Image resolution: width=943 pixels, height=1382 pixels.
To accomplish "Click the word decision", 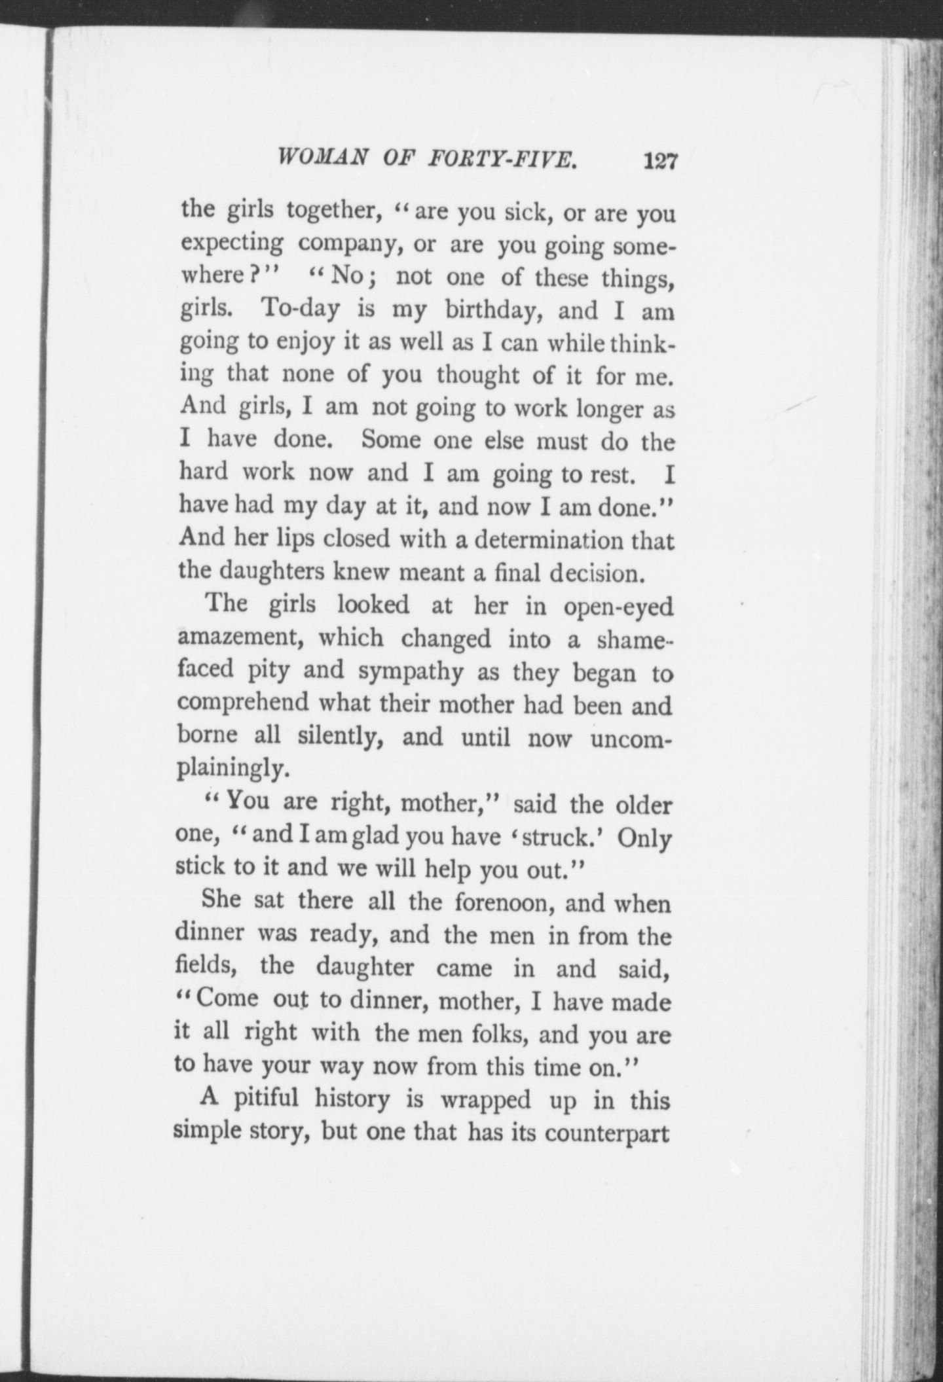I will (x=593, y=573).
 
